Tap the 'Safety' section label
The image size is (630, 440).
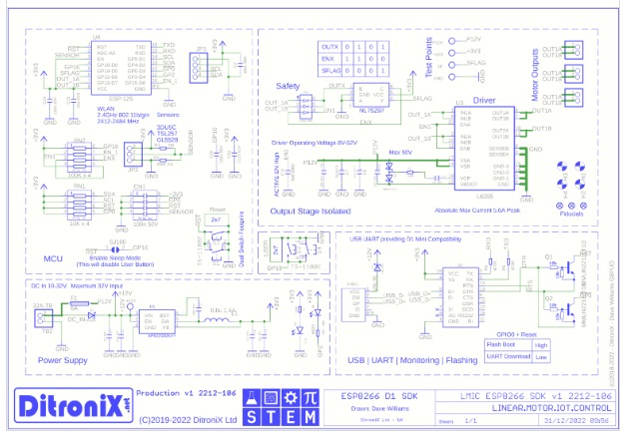click(290, 87)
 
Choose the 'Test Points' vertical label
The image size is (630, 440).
click(430, 58)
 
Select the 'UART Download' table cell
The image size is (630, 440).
click(509, 355)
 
